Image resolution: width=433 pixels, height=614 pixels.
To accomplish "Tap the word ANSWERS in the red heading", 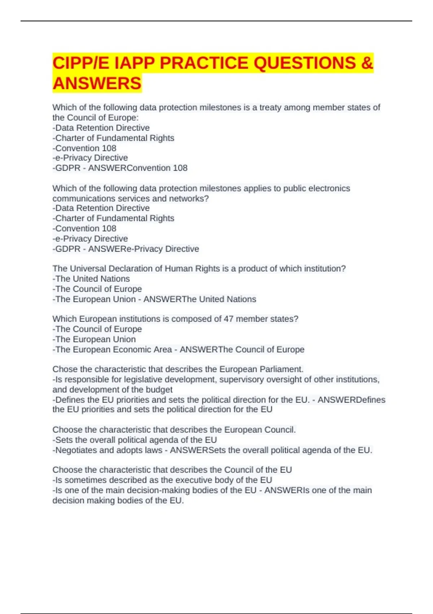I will [x=97, y=83].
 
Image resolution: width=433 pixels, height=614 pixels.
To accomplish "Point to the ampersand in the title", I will [x=367, y=63].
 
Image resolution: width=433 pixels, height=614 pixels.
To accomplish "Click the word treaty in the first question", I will [x=270, y=108].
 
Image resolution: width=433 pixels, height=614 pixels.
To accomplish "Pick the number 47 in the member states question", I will [x=228, y=319].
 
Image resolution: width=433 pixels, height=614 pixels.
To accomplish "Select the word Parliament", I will [x=281, y=369].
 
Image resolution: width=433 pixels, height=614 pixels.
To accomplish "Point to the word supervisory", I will [x=242, y=380].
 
